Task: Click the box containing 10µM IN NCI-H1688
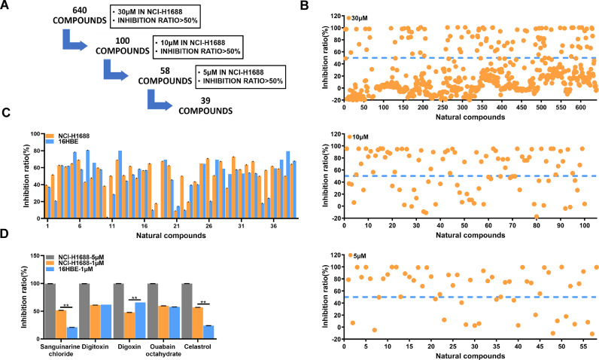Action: (197, 45)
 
